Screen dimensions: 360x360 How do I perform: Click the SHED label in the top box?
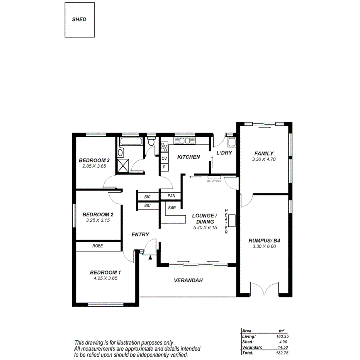pos(79,19)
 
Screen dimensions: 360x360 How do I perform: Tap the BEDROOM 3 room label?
pos(95,160)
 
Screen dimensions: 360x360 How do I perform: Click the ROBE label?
pos(97,246)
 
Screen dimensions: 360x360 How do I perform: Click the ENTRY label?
pos(140,234)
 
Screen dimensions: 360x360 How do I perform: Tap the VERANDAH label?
pos(188,280)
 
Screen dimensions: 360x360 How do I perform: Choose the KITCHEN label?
pos(188,157)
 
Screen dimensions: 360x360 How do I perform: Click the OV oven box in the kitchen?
pos(164,158)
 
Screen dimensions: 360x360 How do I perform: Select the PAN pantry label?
pos(172,196)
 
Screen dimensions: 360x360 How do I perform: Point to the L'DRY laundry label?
pos(224,153)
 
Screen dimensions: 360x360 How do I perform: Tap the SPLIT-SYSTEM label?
pos(214,181)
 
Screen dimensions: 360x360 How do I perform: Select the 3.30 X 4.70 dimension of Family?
pos(263,159)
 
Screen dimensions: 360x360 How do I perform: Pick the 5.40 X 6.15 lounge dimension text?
pos(205,228)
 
